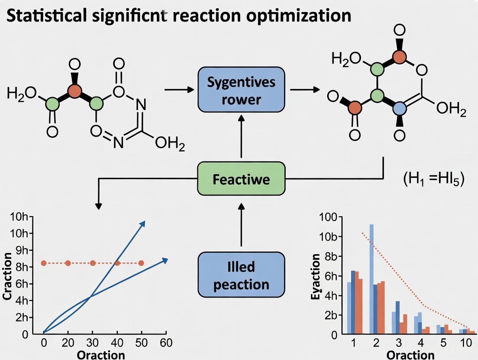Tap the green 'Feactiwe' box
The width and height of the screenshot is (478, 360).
(x=241, y=179)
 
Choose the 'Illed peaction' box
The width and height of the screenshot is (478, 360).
(x=241, y=275)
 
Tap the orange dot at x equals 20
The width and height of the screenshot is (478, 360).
(x=68, y=263)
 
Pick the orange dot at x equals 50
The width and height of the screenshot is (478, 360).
(x=141, y=263)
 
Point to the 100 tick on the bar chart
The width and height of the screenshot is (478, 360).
(x=327, y=217)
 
